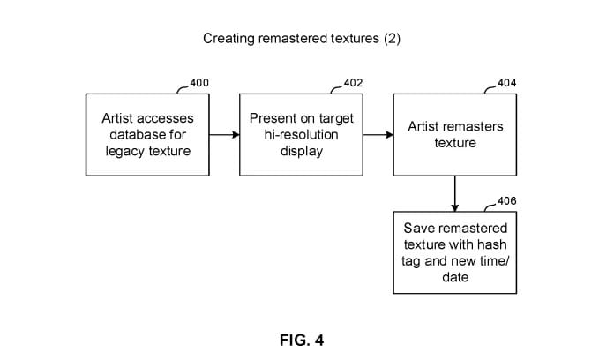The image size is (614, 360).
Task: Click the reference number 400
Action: point(199,83)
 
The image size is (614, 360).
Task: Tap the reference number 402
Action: point(352,83)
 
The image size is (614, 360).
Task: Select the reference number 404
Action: point(507,83)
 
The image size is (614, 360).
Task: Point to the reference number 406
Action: point(507,201)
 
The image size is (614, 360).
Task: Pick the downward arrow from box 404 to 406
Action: point(455,193)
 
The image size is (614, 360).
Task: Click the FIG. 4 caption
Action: point(302,341)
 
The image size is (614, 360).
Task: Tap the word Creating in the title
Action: point(228,39)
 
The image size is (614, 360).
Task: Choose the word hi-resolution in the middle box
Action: point(301,134)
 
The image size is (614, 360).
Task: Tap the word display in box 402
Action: point(301,150)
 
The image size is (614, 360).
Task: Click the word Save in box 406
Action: point(419,228)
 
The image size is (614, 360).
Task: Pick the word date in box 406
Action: point(455,277)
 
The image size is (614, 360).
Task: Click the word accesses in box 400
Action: point(168,118)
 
